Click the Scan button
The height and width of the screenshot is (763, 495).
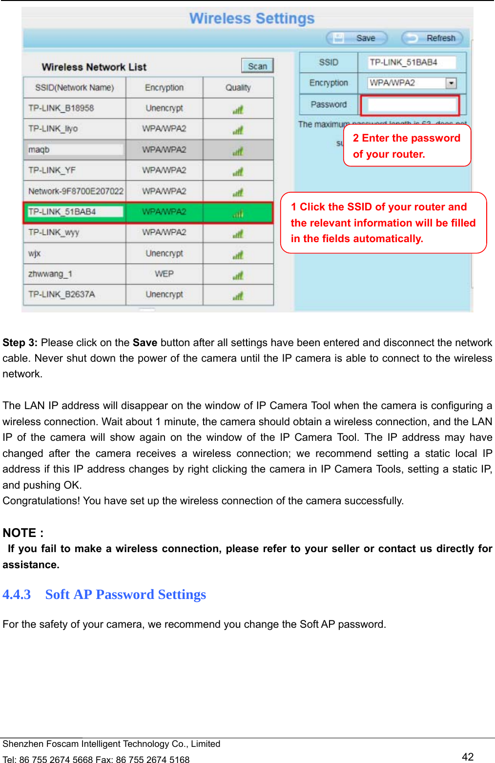pyautogui.click(x=257, y=66)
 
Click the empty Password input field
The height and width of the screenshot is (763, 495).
pyautogui.click(x=410, y=104)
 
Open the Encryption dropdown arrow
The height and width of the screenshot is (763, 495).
pyautogui.click(x=451, y=83)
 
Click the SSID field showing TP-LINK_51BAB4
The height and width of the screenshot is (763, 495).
pyautogui.click(x=411, y=62)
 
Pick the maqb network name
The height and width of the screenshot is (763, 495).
pyautogui.click(x=39, y=150)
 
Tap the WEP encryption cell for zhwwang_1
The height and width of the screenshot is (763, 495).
pyautogui.click(x=164, y=274)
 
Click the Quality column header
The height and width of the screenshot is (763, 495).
pyautogui.click(x=238, y=88)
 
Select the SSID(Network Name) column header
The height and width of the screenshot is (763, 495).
pyautogui.click(x=74, y=88)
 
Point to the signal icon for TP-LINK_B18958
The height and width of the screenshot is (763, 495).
pyautogui.click(x=238, y=109)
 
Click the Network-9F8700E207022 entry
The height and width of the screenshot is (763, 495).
pyautogui.click(x=76, y=191)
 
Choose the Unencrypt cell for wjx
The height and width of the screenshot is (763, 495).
pyautogui.click(x=164, y=253)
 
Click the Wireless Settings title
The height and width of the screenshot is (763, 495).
pyautogui.click(x=252, y=19)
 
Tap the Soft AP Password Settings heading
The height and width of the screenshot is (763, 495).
pyautogui.click(x=125, y=595)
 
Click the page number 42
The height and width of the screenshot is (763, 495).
pyautogui.click(x=468, y=757)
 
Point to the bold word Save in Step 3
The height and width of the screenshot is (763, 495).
pyautogui.click(x=144, y=343)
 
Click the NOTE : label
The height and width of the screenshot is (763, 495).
pyautogui.click(x=23, y=533)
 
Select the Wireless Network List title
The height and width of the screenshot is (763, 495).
pyautogui.click(x=94, y=67)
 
